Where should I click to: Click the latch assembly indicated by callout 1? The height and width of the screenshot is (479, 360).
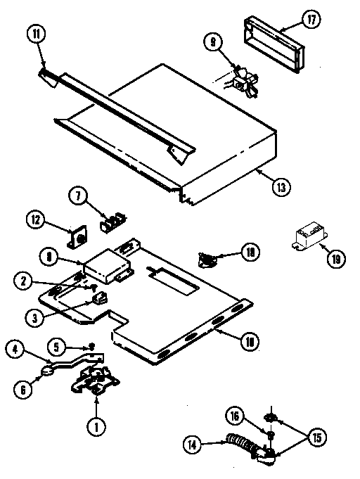(95, 381)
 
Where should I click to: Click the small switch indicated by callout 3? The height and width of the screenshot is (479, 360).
(101, 299)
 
